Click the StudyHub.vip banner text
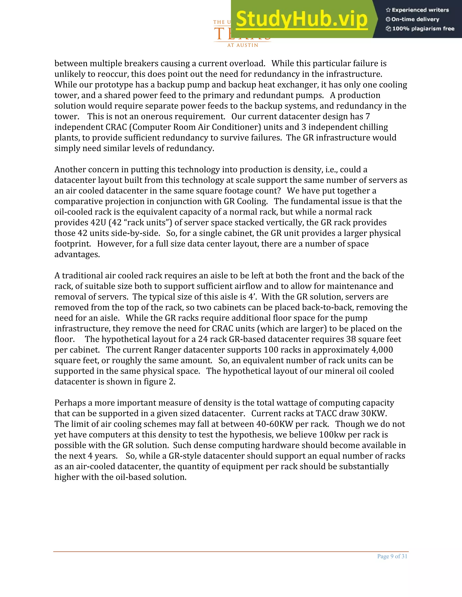click(x=301, y=19)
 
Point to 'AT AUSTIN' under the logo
click(x=243, y=45)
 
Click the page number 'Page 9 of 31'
click(x=392, y=556)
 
